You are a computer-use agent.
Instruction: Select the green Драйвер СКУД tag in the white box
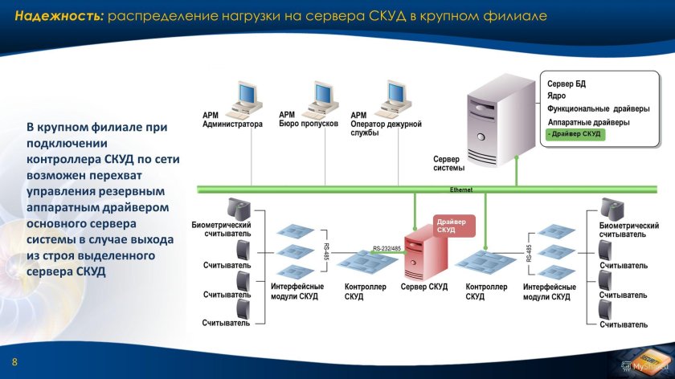574,134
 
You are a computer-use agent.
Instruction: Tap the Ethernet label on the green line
460,189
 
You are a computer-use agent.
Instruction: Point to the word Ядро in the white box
557,96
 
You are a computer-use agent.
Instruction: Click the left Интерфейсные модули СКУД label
297,291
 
